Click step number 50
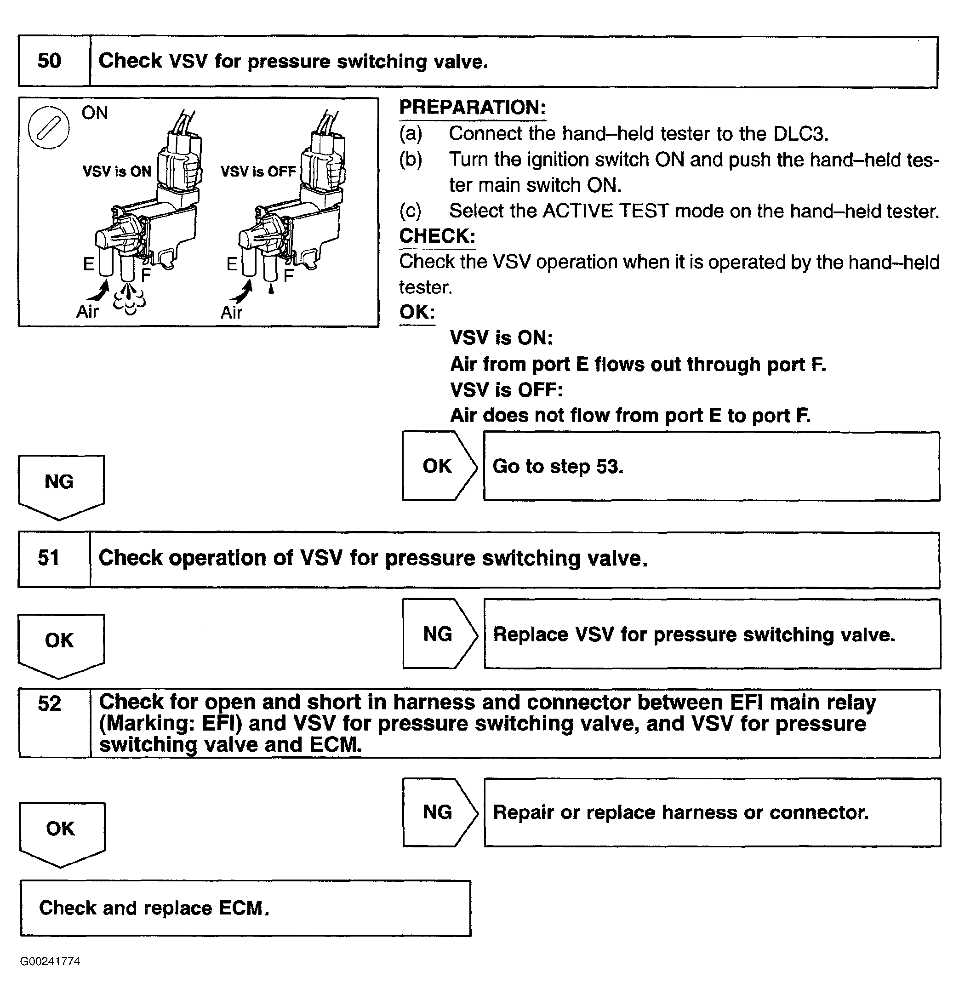click(x=50, y=61)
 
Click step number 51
click(x=49, y=558)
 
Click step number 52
click(x=50, y=704)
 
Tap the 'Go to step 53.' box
click(x=711, y=466)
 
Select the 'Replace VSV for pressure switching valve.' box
click(x=712, y=634)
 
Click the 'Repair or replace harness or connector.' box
click(x=712, y=812)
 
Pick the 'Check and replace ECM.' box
click(x=245, y=908)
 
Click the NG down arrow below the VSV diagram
click(x=60, y=485)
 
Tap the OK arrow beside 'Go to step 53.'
click(x=439, y=466)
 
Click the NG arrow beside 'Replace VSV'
click(x=439, y=634)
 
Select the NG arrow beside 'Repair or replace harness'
click(x=439, y=812)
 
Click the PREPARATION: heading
click(x=472, y=108)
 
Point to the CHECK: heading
click(x=437, y=236)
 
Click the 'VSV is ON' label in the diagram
click(x=117, y=171)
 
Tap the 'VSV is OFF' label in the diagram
click(x=258, y=171)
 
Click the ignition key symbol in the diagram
click(x=48, y=127)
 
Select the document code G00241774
click(x=50, y=962)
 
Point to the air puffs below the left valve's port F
click(x=129, y=298)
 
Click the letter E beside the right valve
click(x=232, y=264)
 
